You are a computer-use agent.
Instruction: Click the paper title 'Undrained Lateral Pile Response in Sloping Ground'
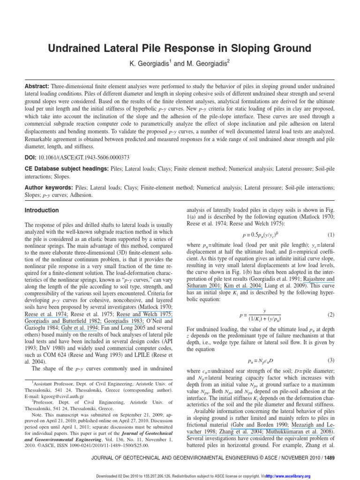pyautogui.click(x=180, y=48)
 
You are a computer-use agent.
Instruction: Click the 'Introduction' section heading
pyautogui.click(x=42, y=210)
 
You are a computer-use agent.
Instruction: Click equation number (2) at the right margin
pyautogui.click(x=331, y=314)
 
